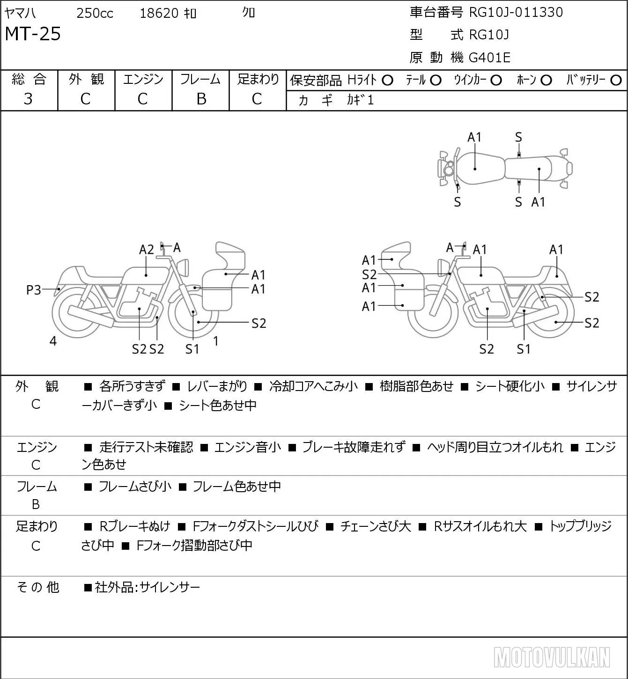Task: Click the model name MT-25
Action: pyautogui.click(x=33, y=34)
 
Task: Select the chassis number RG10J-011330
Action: pyautogui.click(x=516, y=12)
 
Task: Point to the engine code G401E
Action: pyautogui.click(x=489, y=58)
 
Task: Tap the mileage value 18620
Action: pyautogui.click(x=159, y=13)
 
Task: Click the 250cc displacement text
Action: pyautogui.click(x=95, y=13)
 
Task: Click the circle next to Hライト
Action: pyautogui.click(x=388, y=81)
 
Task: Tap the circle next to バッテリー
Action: pyautogui.click(x=616, y=81)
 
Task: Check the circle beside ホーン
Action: pyautogui.click(x=546, y=81)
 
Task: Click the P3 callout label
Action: pyautogui.click(x=34, y=290)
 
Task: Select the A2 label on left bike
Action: pyautogui.click(x=147, y=250)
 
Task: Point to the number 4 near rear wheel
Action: pyautogui.click(x=53, y=341)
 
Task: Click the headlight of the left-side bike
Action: pyautogui.click(x=183, y=267)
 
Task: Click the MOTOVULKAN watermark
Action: pyautogui.click(x=552, y=657)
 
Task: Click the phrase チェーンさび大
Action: pyautogui.click(x=376, y=526)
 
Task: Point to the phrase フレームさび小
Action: pyautogui.click(x=135, y=487)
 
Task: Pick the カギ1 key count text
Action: pyautogui.click(x=360, y=100)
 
